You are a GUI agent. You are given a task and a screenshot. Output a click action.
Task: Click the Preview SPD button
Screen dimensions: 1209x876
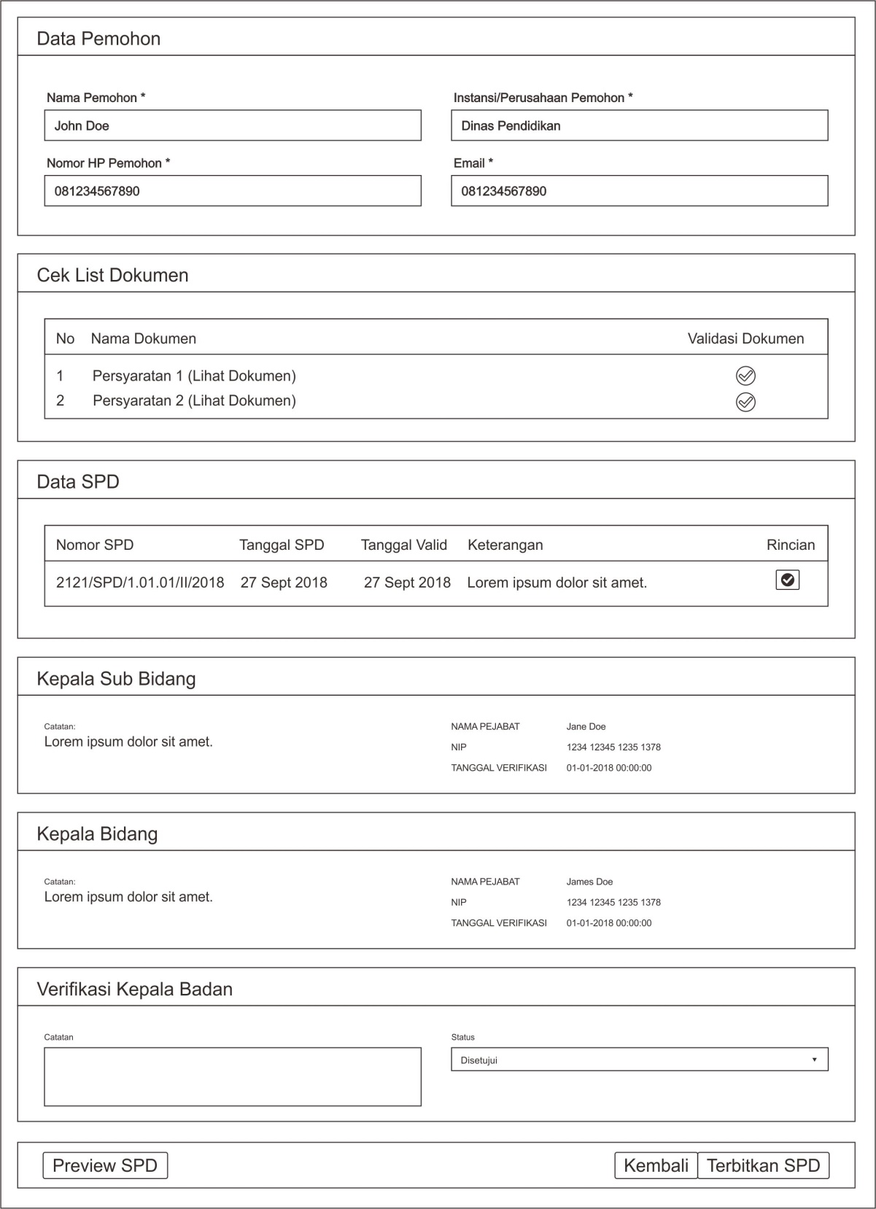pyautogui.click(x=105, y=1165)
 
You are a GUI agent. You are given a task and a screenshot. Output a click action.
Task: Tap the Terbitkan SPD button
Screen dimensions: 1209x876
pyautogui.click(x=763, y=1165)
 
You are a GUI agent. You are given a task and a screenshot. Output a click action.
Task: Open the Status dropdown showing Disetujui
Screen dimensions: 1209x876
pyautogui.click(x=639, y=1060)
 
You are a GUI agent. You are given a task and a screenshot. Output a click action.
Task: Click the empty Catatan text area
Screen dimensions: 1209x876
pyautogui.click(x=233, y=1077)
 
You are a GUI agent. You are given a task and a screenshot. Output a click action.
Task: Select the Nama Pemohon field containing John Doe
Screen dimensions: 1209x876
pyautogui.click(x=233, y=125)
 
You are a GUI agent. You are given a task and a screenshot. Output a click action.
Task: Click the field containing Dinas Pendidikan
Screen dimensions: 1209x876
pyautogui.click(x=639, y=125)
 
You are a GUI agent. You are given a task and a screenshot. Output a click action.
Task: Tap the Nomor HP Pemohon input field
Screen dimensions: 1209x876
pyautogui.click(x=233, y=191)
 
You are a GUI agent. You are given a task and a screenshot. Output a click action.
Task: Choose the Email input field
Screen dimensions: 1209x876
pyautogui.click(x=639, y=191)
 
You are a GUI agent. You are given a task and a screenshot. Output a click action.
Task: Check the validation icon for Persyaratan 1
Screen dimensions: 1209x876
pyautogui.click(x=745, y=376)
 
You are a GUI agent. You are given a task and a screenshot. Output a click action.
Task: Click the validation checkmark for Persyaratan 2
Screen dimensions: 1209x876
pyautogui.click(x=745, y=402)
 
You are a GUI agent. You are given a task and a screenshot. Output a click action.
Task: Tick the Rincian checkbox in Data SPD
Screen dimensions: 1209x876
pyautogui.click(x=788, y=580)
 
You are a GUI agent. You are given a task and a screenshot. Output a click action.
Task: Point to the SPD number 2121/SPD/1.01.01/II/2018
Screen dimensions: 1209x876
pyautogui.click(x=140, y=583)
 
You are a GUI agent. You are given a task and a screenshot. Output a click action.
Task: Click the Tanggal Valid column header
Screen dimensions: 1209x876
pyautogui.click(x=404, y=545)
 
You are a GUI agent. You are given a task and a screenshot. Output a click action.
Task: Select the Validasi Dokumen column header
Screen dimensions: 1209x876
pyautogui.click(x=745, y=338)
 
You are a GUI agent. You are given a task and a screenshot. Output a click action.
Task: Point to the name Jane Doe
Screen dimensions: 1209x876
pyautogui.click(x=586, y=726)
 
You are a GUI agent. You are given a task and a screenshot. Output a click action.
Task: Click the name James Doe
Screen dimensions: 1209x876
pyautogui.click(x=589, y=882)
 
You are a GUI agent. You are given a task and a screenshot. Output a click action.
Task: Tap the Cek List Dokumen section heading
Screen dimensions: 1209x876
pyautogui.click(x=113, y=275)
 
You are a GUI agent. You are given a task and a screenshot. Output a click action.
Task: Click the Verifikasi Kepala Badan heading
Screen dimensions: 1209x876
pyautogui.click(x=135, y=989)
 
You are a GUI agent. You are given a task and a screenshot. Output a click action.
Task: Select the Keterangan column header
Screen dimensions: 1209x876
pyautogui.click(x=505, y=545)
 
